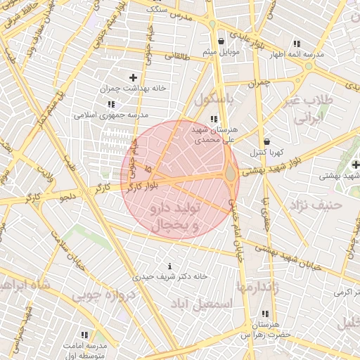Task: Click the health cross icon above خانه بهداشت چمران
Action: (x=133, y=77)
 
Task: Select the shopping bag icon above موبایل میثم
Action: (x=222, y=41)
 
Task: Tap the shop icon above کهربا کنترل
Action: (x=266, y=141)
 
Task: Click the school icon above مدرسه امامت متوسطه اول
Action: (x=85, y=335)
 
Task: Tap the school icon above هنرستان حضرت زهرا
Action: (x=264, y=314)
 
